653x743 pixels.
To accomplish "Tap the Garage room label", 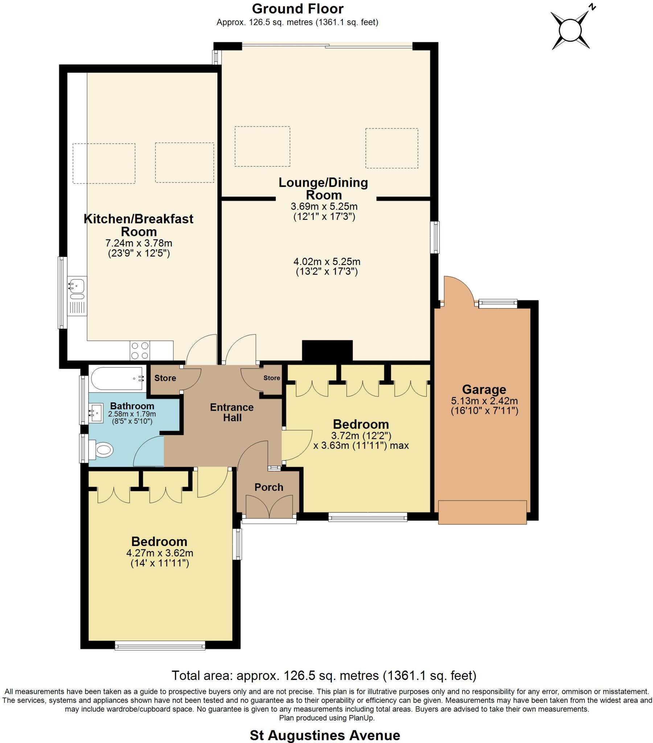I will click(x=484, y=390).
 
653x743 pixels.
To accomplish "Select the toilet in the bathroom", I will click(x=102, y=450).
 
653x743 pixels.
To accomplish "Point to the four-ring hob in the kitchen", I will click(x=140, y=350).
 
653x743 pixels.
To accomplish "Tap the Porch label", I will click(x=268, y=487).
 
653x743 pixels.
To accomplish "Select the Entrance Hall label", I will click(x=231, y=412).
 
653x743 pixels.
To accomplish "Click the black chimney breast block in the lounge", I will click(x=327, y=350).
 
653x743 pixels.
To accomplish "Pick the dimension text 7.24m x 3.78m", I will click(x=139, y=243).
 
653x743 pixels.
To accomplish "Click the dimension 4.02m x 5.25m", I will click(x=326, y=261).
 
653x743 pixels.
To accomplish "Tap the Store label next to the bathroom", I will click(x=165, y=378).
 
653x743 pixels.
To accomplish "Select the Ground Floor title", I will click(x=297, y=9).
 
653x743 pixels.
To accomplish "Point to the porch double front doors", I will click(x=269, y=506).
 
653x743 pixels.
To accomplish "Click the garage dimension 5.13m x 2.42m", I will click(x=484, y=401).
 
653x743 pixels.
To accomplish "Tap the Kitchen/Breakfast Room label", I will click(x=139, y=225).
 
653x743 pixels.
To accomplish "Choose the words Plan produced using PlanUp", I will click(x=326, y=718).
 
